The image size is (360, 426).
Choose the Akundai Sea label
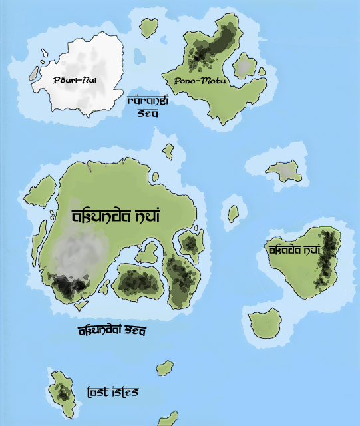112,330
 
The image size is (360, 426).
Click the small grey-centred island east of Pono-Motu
246,66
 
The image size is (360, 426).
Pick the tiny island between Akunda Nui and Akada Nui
234,214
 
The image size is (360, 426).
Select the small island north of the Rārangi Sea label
148,27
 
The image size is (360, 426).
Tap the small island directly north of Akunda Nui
169,152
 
